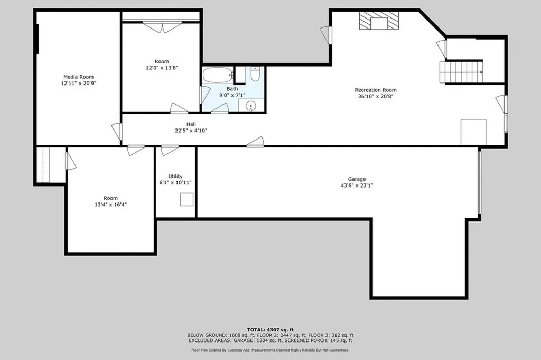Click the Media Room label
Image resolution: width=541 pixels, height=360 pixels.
click(78, 76)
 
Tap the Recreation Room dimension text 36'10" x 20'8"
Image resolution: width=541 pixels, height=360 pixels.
click(375, 96)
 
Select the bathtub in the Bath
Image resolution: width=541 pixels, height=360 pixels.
click(217, 75)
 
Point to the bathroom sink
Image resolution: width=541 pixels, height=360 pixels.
click(250, 105)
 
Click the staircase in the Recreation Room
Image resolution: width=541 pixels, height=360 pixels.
click(461, 71)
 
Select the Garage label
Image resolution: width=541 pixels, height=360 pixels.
click(357, 179)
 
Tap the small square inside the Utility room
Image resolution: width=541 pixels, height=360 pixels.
click(187, 200)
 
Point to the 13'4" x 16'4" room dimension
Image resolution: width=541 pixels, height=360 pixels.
click(110, 205)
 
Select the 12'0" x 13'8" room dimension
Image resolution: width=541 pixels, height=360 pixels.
click(162, 68)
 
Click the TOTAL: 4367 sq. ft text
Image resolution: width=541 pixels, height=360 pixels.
click(270, 329)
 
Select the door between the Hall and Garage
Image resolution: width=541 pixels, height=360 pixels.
click(256, 142)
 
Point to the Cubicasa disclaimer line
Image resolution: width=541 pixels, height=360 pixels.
click(270, 349)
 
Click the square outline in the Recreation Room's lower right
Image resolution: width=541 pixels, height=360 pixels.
click(473, 132)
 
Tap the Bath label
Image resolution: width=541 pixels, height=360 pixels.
click(232, 89)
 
